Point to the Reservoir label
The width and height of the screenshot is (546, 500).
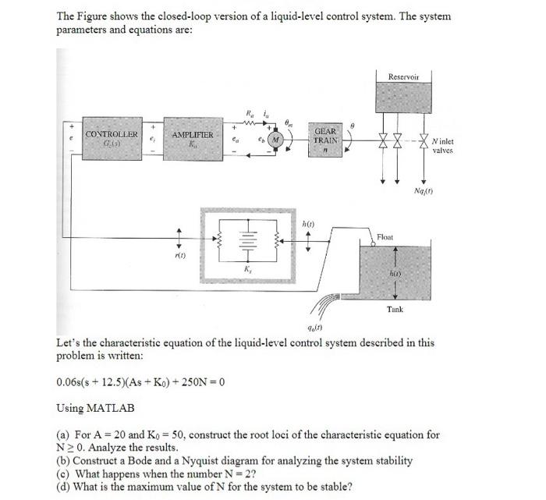click(403, 76)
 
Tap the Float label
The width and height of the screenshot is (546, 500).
click(385, 236)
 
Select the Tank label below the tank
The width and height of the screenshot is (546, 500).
click(395, 310)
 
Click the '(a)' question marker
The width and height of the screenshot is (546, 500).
click(64, 434)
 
